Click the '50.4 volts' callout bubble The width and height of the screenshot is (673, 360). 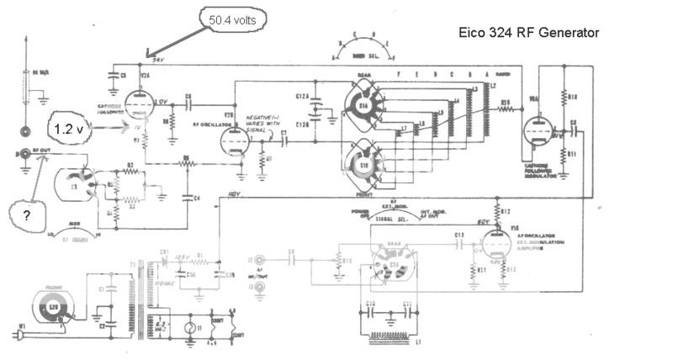pos(230,17)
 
